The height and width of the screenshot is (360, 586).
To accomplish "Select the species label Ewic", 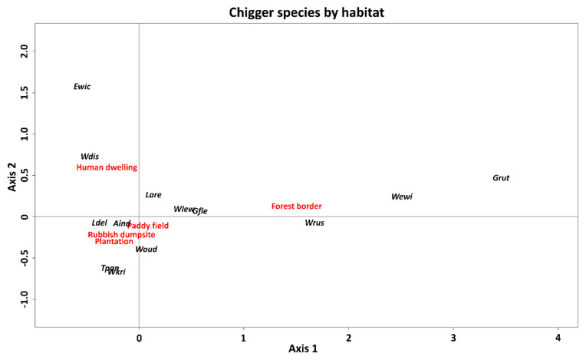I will point(82,87).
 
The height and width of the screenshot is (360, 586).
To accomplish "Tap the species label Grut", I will point(501,178).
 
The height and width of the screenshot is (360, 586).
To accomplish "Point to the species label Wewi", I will point(402,197).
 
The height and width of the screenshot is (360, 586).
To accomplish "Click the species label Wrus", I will point(314,223).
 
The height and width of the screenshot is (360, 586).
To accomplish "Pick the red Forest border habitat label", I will point(297,206).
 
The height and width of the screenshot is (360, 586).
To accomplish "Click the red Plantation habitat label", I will point(114,242).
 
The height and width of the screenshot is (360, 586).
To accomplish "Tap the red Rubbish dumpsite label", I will point(121,235).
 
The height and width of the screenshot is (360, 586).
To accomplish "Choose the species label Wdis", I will point(90,157).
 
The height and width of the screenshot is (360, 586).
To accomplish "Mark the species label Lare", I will point(153,195).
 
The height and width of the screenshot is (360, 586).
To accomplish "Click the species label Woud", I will point(146,249).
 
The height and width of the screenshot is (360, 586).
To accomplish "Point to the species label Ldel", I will point(99,223).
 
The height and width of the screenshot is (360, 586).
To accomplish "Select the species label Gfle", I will point(200,211).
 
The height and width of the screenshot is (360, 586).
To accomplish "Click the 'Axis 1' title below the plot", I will point(303,349).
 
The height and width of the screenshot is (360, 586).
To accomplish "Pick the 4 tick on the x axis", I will point(558,338).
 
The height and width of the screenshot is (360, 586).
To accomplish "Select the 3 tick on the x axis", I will point(453,338).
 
